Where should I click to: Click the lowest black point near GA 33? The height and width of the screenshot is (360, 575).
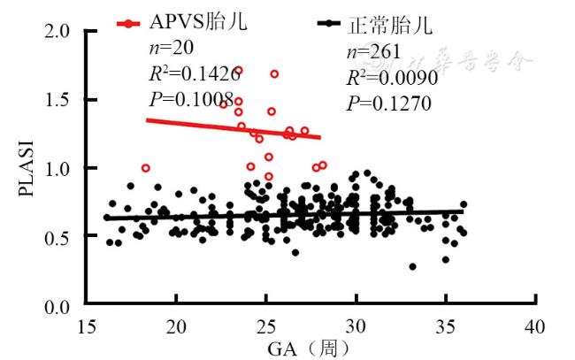point(412,266)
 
